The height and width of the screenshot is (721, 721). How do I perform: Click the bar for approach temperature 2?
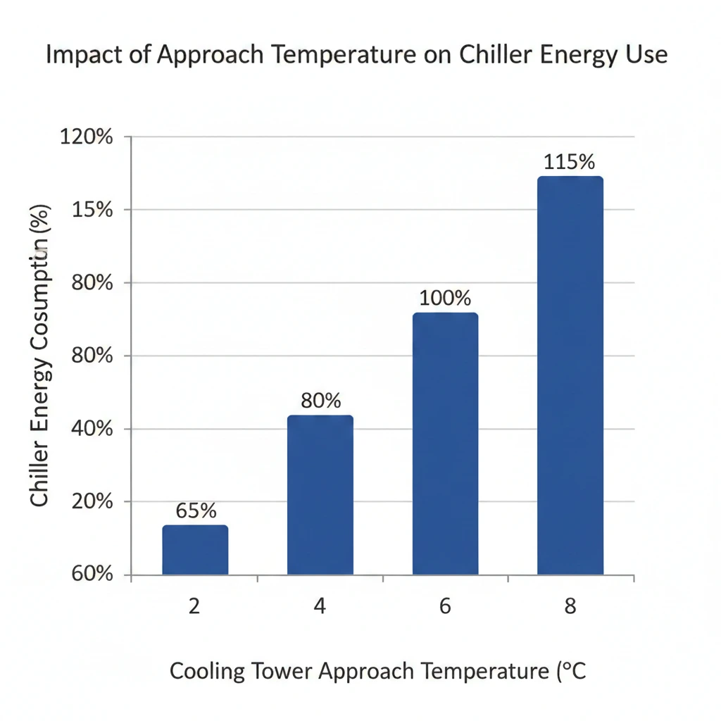[x=195, y=550]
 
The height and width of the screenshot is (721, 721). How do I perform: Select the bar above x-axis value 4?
[x=320, y=495]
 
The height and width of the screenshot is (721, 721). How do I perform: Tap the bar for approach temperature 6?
[x=445, y=444]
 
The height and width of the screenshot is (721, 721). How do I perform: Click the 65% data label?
[x=196, y=510]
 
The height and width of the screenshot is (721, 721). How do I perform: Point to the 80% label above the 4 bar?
[x=320, y=401]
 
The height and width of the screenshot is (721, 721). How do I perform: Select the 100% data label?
[x=445, y=298]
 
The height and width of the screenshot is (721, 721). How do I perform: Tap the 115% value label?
[x=570, y=161]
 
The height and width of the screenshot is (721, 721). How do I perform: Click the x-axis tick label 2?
[x=194, y=606]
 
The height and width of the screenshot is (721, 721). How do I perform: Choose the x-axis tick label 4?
[x=320, y=606]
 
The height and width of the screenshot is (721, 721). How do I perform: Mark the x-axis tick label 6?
[x=445, y=606]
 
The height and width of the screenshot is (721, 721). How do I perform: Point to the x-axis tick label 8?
[x=570, y=606]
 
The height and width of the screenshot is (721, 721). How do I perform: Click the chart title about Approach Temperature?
[x=356, y=56]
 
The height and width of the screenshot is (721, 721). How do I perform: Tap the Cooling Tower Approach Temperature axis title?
[x=377, y=671]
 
